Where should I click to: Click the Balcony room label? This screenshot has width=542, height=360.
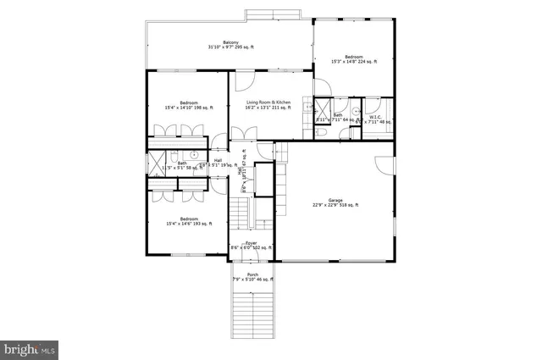pos(230,42)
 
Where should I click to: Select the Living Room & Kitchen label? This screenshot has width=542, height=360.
pos(268,102)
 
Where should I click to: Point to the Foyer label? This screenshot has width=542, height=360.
pos(251,242)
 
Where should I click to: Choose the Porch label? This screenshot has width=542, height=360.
pos(252,274)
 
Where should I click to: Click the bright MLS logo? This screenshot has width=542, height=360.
pos(30,348)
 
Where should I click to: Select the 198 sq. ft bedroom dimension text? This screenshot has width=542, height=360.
pos(189,108)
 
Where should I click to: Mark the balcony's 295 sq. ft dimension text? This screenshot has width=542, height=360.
pos(230,48)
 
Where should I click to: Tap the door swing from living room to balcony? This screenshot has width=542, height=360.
pos(243,81)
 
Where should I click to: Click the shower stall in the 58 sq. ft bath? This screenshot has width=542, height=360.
pos(156,163)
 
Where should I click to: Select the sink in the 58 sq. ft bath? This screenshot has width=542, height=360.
pos(194,155)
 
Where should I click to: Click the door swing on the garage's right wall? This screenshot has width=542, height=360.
pos(385,166)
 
